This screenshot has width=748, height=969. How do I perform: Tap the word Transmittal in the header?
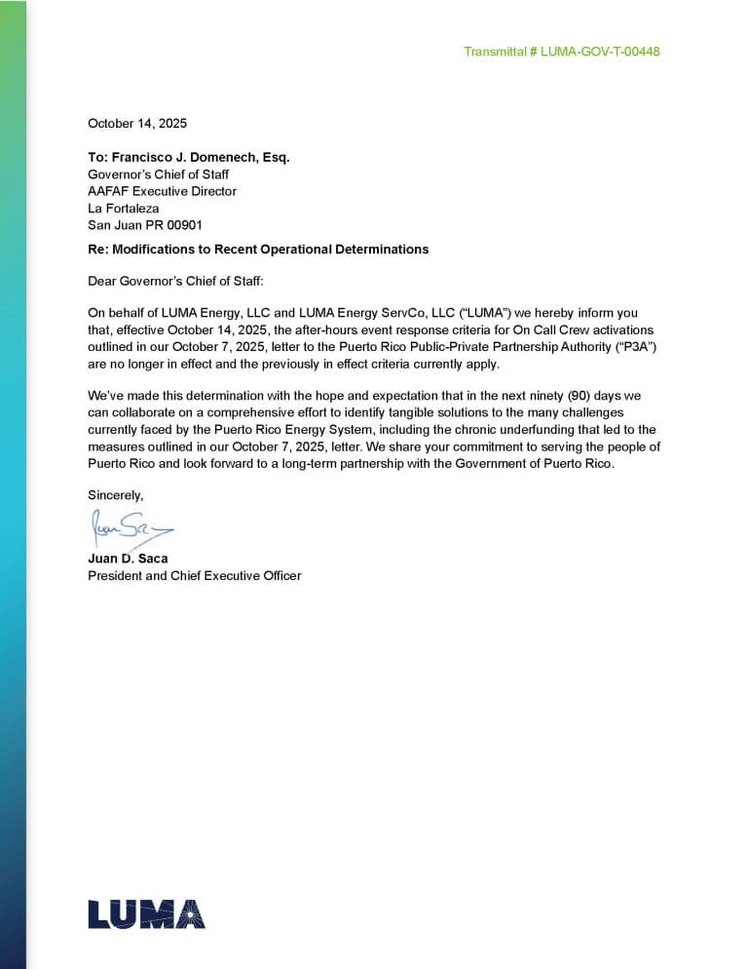click(495, 51)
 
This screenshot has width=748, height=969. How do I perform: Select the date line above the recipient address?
click(137, 124)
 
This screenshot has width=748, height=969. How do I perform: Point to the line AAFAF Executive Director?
click(162, 191)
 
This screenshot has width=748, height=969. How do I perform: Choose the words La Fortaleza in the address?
click(124, 208)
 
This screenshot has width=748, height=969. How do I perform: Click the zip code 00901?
click(184, 224)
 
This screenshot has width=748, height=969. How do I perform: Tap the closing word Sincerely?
click(115, 495)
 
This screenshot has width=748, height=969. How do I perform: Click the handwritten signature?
click(131, 528)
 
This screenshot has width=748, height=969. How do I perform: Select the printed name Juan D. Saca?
click(128, 559)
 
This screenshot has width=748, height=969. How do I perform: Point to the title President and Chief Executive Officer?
click(195, 575)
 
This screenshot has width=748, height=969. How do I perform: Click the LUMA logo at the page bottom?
click(146, 913)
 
